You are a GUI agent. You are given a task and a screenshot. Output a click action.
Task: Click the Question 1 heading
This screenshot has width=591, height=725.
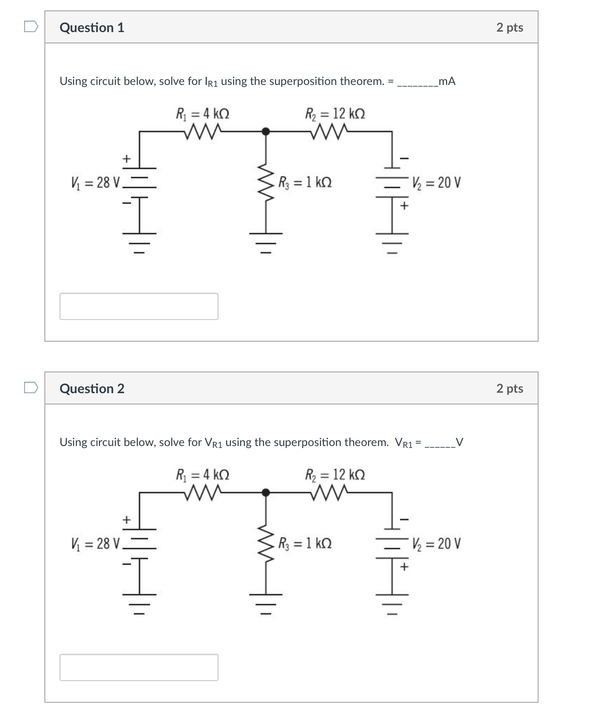tap(92, 28)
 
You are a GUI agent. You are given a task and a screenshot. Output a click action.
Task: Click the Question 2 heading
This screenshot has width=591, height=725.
tap(92, 388)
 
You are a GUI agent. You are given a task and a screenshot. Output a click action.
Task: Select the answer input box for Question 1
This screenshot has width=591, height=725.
tap(139, 306)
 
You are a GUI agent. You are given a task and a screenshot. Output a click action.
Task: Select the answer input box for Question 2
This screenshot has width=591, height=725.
tap(139, 667)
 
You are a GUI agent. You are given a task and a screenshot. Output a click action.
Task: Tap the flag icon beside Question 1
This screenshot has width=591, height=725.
tap(31, 26)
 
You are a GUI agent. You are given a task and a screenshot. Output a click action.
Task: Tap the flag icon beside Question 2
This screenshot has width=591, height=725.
tap(31, 388)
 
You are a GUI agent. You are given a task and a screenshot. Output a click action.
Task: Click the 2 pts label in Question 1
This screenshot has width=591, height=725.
tap(509, 27)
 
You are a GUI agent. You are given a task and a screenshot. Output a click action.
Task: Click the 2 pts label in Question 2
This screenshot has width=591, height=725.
tap(509, 388)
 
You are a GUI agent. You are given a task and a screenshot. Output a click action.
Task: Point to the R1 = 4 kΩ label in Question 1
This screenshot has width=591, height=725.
tap(203, 114)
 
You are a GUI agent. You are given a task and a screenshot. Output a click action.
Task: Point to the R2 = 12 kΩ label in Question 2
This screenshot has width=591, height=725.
tap(335, 474)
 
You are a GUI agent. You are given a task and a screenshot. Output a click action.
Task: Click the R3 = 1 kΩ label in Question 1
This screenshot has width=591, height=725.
tap(305, 182)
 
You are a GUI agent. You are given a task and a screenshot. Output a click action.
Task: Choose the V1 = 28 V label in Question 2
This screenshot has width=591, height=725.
tap(96, 543)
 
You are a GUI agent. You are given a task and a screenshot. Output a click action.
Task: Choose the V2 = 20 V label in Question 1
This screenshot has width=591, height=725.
tap(436, 182)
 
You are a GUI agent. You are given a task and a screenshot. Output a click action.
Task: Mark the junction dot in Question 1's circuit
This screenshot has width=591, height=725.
tap(266, 131)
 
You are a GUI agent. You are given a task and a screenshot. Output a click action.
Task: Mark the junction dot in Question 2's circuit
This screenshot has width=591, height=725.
tap(266, 492)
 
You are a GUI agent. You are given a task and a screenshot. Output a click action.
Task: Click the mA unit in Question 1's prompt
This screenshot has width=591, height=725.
tap(447, 81)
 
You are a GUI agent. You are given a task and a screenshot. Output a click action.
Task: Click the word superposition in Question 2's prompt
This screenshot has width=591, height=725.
tap(307, 442)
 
